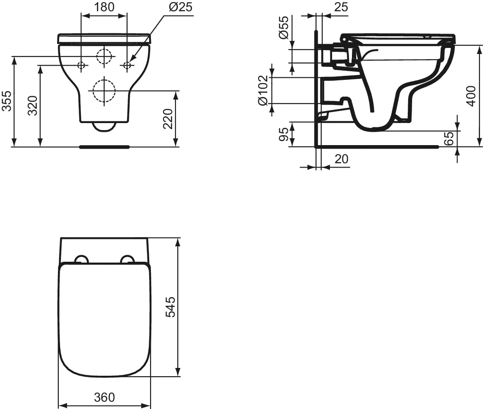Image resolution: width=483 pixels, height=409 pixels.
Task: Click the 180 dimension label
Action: [104, 7]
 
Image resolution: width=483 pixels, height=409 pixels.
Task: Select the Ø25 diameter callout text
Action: [177, 7]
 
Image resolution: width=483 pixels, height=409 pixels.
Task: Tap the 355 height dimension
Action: [6, 101]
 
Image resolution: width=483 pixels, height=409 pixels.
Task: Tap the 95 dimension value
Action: [283, 134]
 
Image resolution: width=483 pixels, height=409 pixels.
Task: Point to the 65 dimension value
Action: [449, 139]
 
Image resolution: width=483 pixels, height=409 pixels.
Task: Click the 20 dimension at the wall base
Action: [341, 159]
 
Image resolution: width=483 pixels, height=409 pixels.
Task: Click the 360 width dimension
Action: [104, 397]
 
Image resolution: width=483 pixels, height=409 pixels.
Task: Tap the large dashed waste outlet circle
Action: [104, 90]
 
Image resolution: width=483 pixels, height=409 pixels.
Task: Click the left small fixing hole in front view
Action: [81, 65]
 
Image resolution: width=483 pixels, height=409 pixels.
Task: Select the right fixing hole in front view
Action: [127, 65]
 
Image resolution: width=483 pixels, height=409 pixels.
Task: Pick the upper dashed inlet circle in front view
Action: [104, 56]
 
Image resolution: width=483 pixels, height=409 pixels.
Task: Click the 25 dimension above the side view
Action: [341, 7]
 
